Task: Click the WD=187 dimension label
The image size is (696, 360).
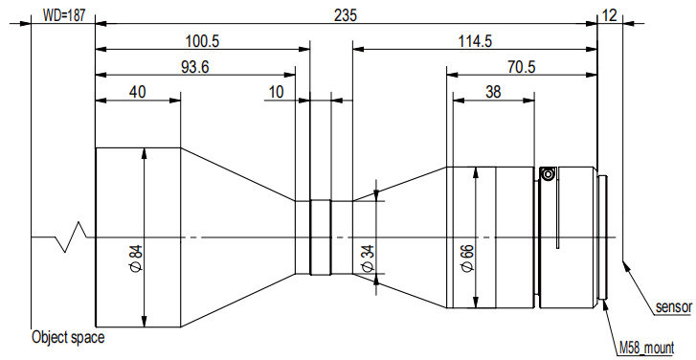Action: (x=62, y=15)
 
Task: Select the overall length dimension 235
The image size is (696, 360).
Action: (x=345, y=15)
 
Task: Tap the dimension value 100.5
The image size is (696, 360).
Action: (x=202, y=41)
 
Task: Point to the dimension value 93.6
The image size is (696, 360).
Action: (x=195, y=67)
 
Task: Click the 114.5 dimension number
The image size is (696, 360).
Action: (x=475, y=41)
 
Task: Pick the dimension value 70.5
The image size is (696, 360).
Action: (x=521, y=67)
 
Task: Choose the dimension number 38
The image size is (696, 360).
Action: (x=493, y=92)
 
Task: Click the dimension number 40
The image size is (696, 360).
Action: (x=137, y=92)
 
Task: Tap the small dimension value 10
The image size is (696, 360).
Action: (x=276, y=92)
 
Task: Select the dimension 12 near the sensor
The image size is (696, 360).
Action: (x=610, y=15)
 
